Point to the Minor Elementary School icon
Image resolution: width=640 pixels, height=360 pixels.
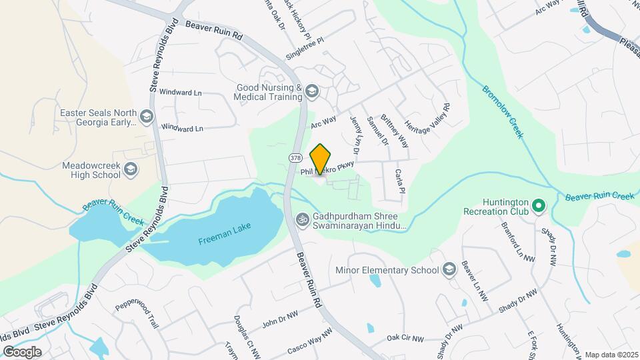(449, 269)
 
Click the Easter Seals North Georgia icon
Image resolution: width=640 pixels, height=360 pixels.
(147, 117)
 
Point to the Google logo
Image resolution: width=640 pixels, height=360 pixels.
(22, 351)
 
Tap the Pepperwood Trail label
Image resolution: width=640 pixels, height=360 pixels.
(136, 314)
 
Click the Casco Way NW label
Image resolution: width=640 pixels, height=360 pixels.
(309, 341)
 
